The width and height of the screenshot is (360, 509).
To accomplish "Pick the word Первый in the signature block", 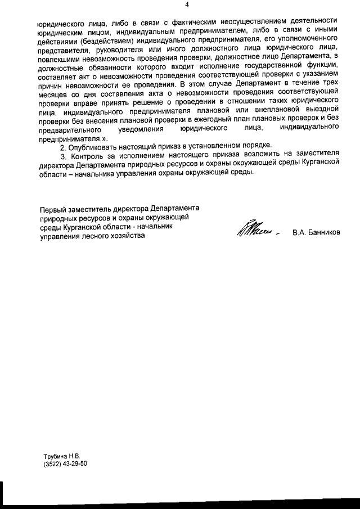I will click(52, 209).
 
